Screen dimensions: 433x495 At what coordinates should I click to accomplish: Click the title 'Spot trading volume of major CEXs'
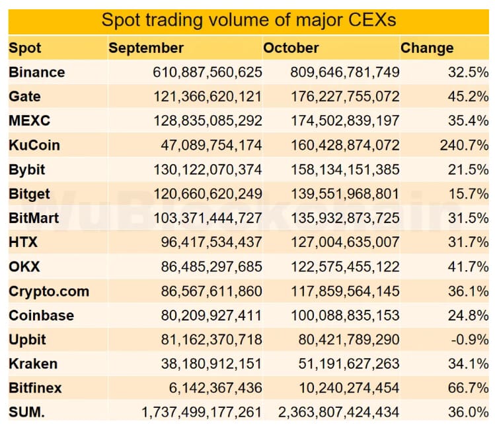248,20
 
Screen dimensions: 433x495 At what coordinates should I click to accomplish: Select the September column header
146,48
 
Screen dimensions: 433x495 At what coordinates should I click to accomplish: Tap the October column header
291,48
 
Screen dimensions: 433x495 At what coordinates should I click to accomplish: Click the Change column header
427,48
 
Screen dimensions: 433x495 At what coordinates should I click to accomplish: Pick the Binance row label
37,72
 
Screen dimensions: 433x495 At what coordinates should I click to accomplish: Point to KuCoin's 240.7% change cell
464,145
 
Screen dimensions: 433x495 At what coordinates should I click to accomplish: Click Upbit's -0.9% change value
470,339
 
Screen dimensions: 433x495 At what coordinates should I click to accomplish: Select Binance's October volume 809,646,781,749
344,72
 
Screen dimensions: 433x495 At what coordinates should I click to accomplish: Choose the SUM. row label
27,412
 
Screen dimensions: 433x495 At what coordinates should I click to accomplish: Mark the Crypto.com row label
49,291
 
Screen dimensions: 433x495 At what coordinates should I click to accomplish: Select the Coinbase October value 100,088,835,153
344,314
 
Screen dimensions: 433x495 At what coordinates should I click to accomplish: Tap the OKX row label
24,266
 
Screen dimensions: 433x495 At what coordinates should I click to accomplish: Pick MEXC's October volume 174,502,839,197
344,120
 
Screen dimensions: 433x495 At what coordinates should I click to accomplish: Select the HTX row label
23,242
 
